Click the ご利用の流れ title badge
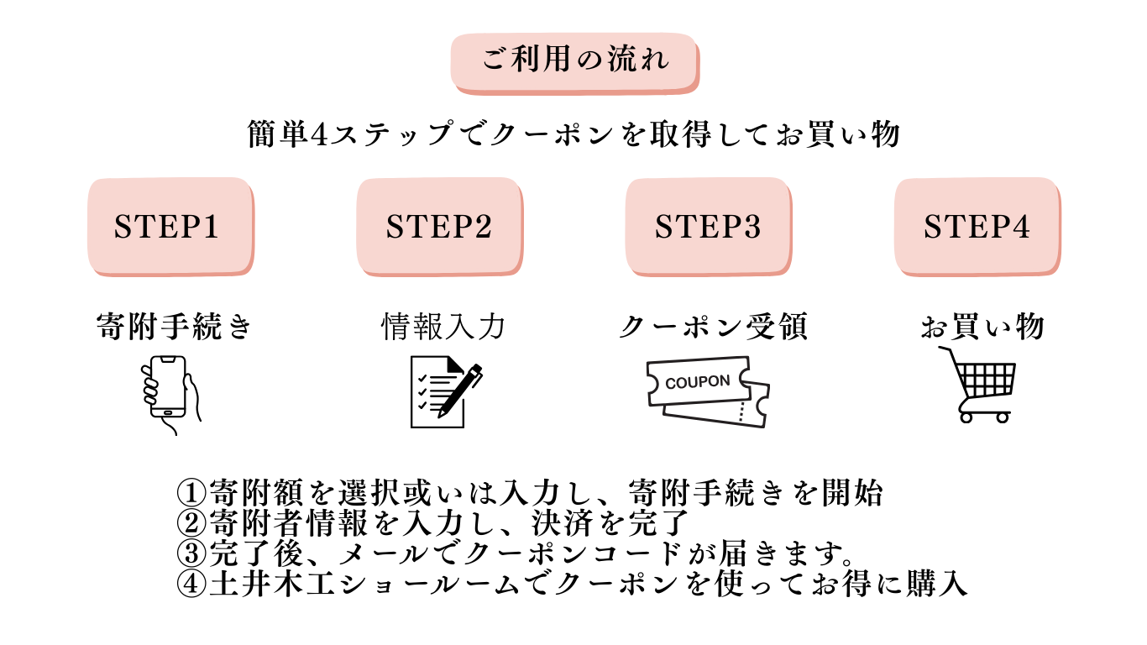pos(575,61)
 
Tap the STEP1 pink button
pos(169,227)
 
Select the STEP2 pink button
pos(438,227)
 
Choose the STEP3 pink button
pos(708,227)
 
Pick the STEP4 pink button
pos(977,227)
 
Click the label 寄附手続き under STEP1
pos(174,326)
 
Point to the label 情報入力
pos(443,326)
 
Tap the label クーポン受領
pos(713,326)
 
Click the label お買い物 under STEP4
pos(982,326)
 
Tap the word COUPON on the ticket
pos(697,382)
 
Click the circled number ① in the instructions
pos(192,491)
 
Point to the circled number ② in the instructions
pos(192,522)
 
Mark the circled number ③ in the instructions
pos(192,553)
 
